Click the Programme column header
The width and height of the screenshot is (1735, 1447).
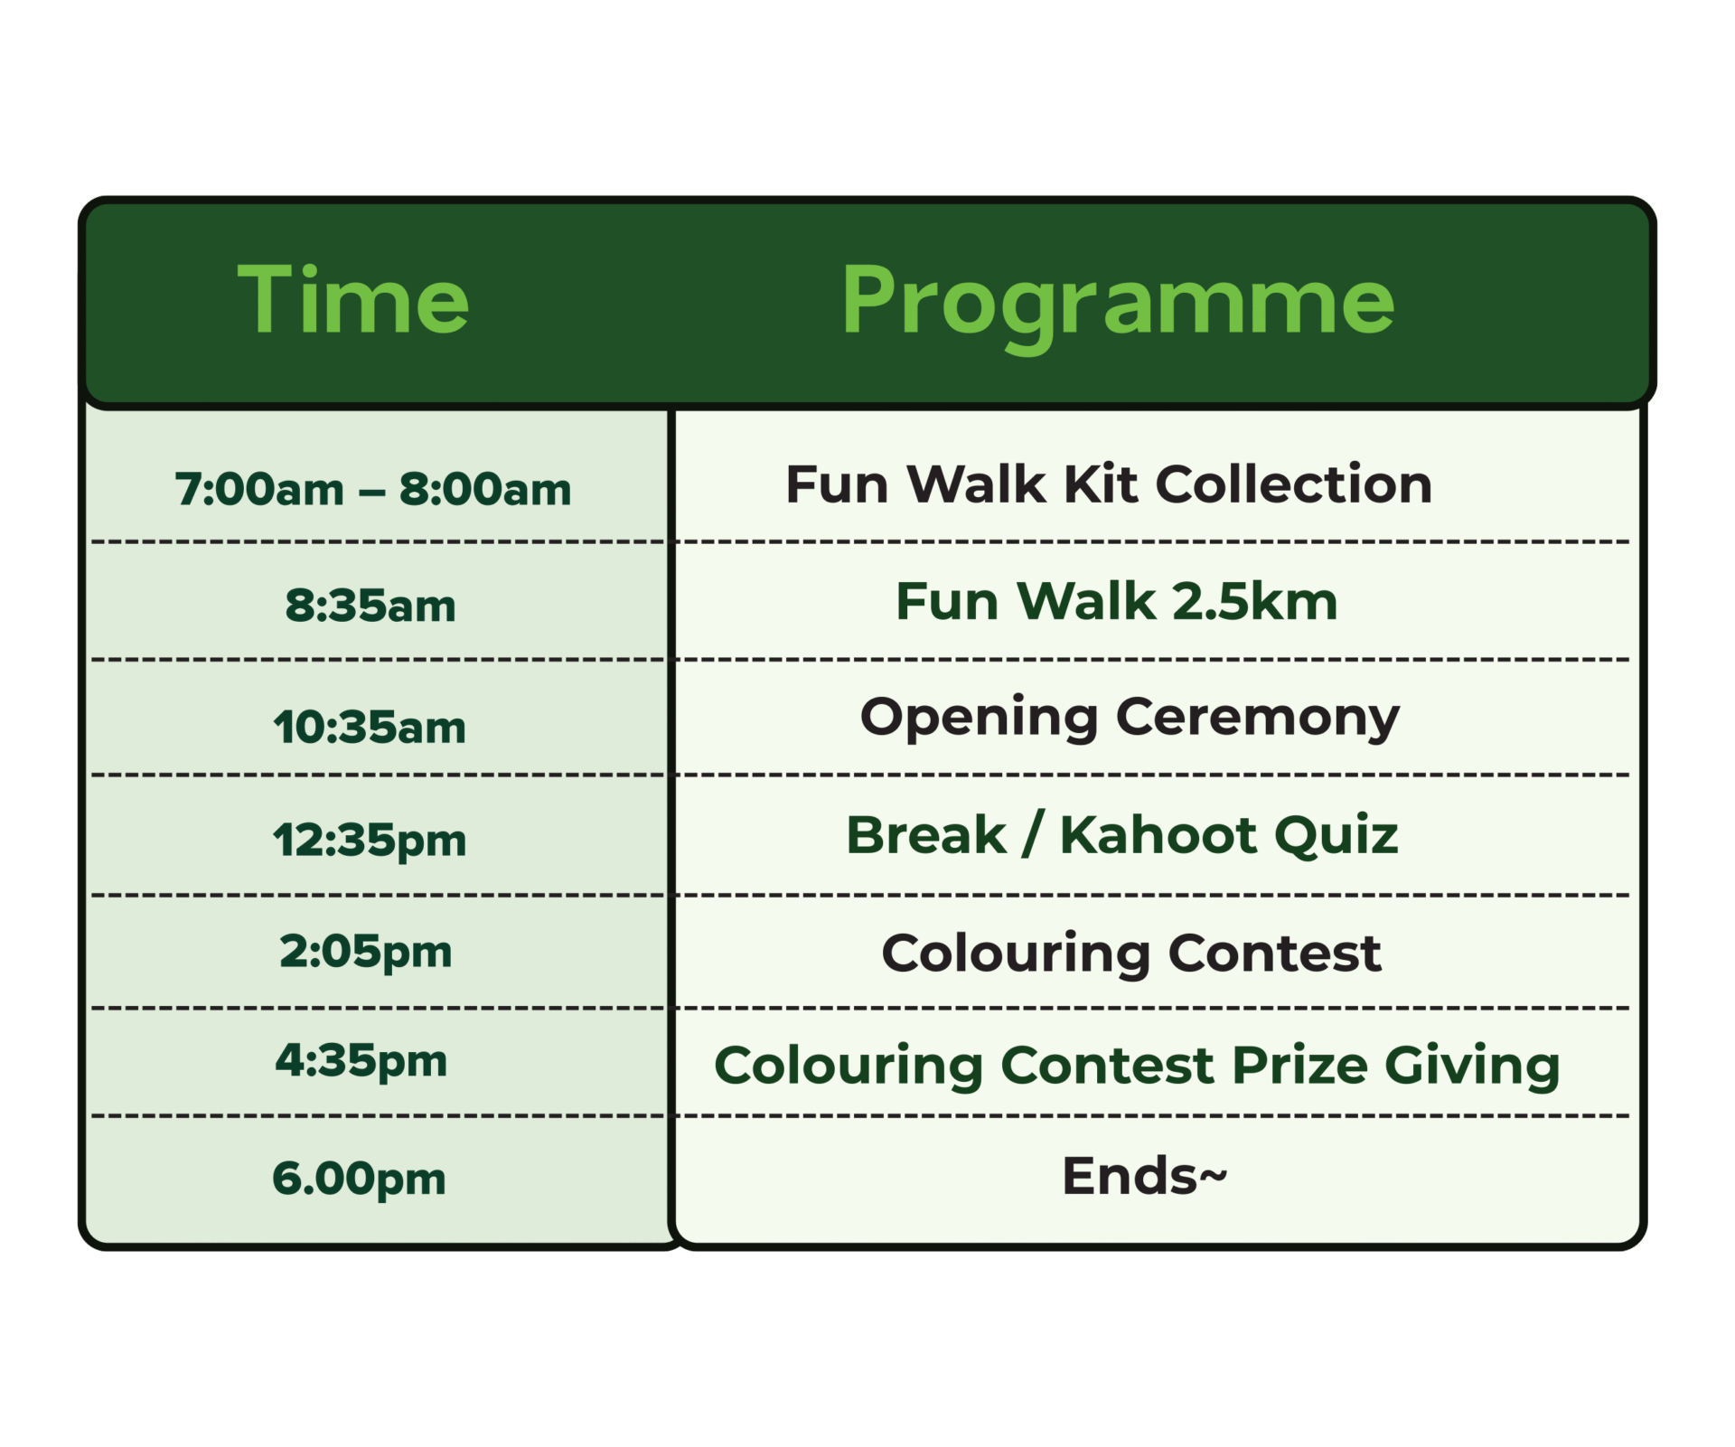point(1118,305)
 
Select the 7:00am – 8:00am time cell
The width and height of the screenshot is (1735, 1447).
point(373,490)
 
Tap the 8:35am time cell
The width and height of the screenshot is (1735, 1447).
point(370,606)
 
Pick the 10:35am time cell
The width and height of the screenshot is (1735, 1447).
point(370,728)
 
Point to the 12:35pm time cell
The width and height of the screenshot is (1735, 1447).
point(370,841)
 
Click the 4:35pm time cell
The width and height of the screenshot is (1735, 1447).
point(361,1062)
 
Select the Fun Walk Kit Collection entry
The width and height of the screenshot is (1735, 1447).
point(1109,484)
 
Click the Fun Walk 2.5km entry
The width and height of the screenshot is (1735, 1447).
point(1116,601)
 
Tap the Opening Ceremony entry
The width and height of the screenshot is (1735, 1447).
point(1130,719)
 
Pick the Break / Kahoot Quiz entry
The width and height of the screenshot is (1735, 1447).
point(1121,835)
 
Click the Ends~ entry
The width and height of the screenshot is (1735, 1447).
point(1144,1176)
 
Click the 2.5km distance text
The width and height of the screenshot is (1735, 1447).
point(1254,601)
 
